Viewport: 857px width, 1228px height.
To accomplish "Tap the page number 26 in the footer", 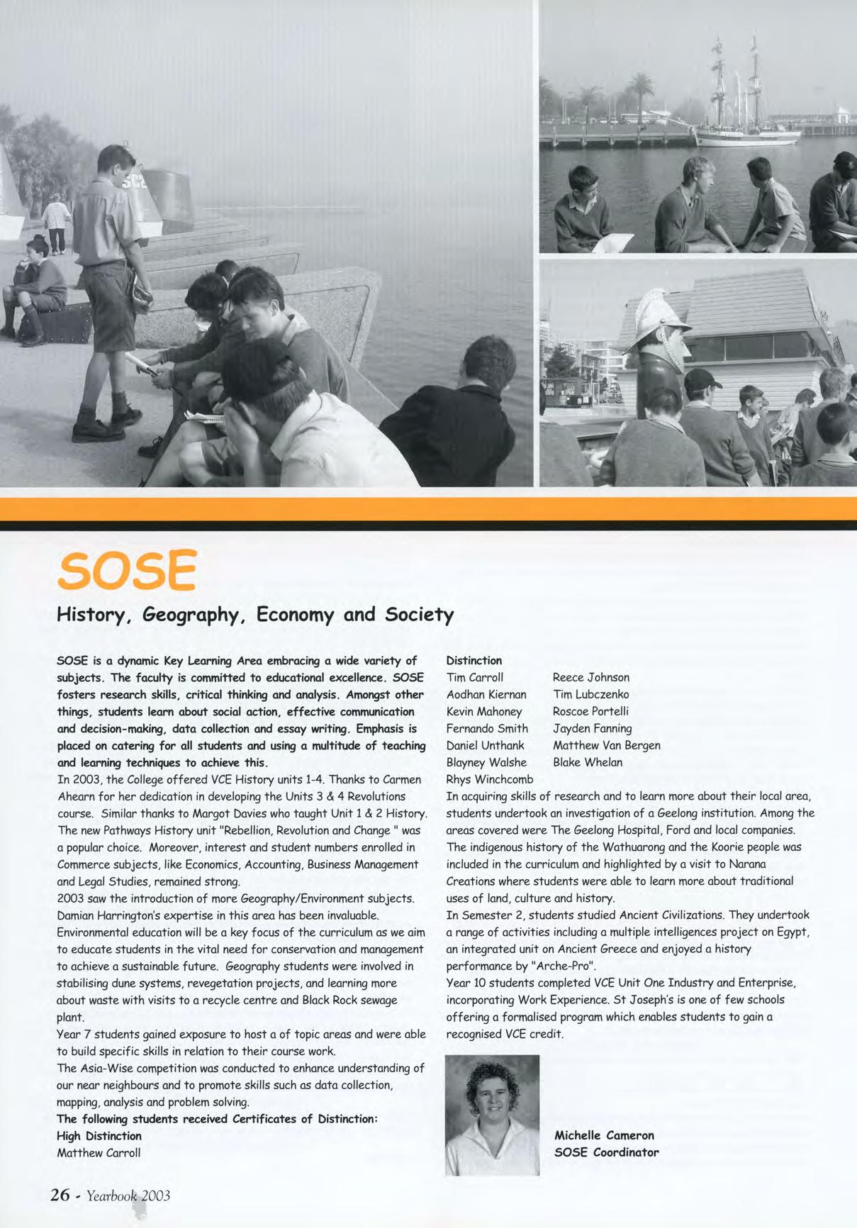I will (x=60, y=1195).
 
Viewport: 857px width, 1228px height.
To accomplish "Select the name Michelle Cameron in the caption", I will (x=604, y=1135).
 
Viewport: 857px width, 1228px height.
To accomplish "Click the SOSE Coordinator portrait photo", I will (x=492, y=1115).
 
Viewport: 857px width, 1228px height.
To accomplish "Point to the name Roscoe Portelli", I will (x=590, y=711).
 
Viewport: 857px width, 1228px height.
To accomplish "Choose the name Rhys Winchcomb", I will (x=490, y=779).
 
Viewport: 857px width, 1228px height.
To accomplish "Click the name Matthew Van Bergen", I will (x=606, y=745).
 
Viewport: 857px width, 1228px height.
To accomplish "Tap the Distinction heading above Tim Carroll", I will (x=474, y=660).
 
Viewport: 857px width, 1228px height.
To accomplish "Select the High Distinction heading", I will (x=99, y=1136).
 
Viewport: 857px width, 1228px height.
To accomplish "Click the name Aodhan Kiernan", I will (x=486, y=694).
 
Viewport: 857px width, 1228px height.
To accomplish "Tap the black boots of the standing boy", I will (x=99, y=425).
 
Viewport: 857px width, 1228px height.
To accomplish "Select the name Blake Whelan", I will (x=588, y=762).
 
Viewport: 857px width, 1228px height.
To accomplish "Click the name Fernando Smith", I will (x=487, y=728).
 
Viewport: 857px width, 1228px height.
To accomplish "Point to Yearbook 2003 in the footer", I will (x=128, y=1195).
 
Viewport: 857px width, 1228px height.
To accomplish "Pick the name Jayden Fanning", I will (x=592, y=728).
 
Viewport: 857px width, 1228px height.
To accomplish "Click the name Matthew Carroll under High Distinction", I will (x=99, y=1153).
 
